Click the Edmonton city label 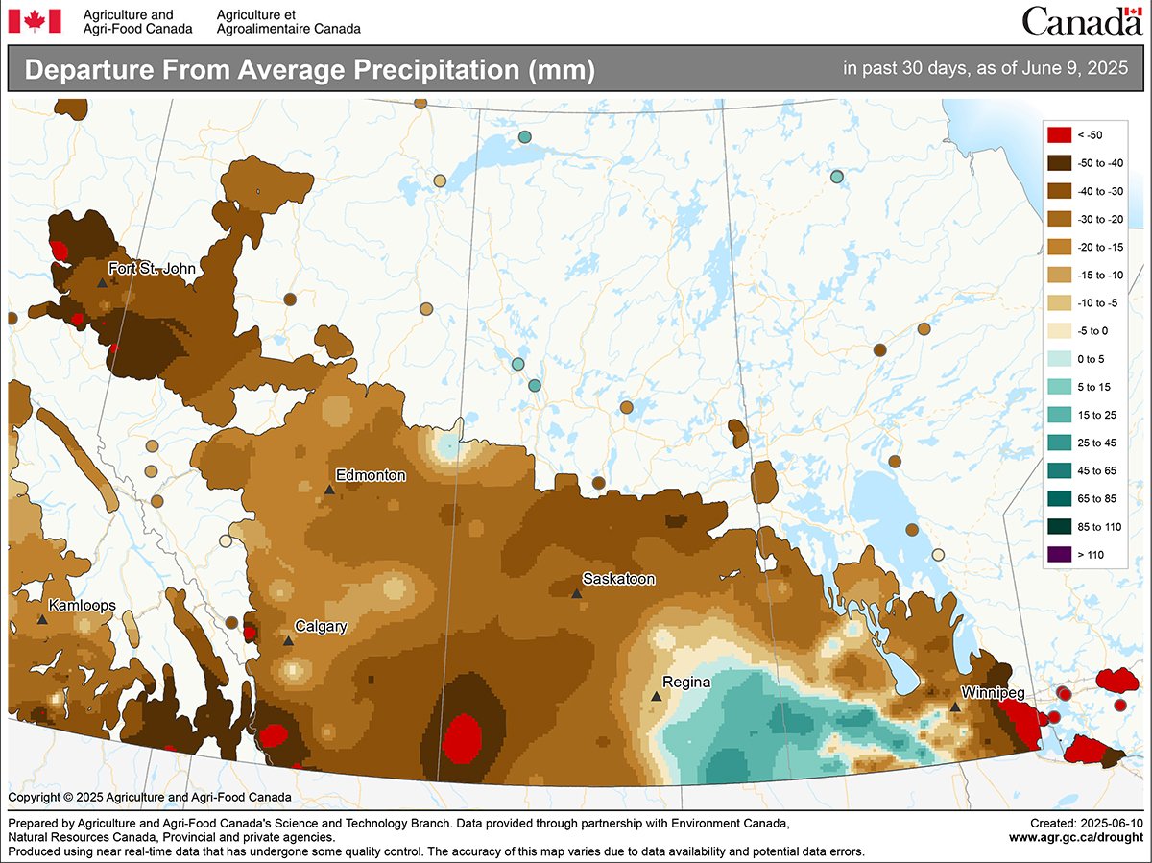[x=371, y=475]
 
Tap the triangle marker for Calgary [x=288, y=640]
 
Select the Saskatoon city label [x=619, y=579]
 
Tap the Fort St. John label [x=152, y=269]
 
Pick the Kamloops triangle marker [x=42, y=620]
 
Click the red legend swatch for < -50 [x=1059, y=135]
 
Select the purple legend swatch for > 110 [x=1059, y=553]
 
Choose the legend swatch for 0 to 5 [x=1059, y=358]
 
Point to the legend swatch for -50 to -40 [x=1059, y=163]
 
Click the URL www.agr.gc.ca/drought [x=1076, y=837]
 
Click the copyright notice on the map [x=150, y=797]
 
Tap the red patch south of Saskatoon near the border [x=465, y=736]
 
